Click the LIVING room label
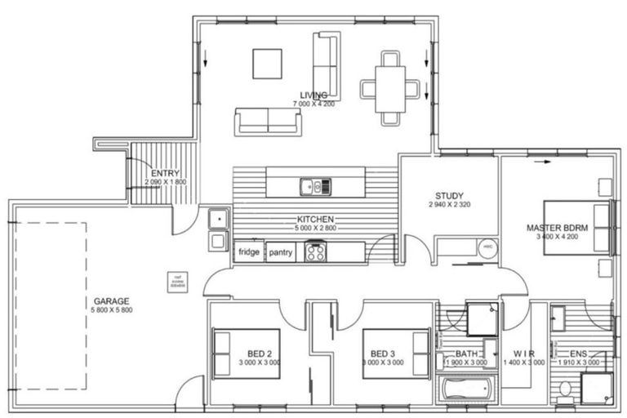[x=313, y=95]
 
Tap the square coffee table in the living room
[x=267, y=64]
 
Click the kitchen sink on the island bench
[x=313, y=187]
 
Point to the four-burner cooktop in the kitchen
[x=316, y=251]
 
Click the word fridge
[x=249, y=252]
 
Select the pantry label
[x=281, y=252]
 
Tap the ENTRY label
[x=165, y=173]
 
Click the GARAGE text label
[x=112, y=301]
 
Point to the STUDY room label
[x=449, y=196]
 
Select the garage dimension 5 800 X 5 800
[x=112, y=310]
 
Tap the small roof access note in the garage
[x=174, y=282]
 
